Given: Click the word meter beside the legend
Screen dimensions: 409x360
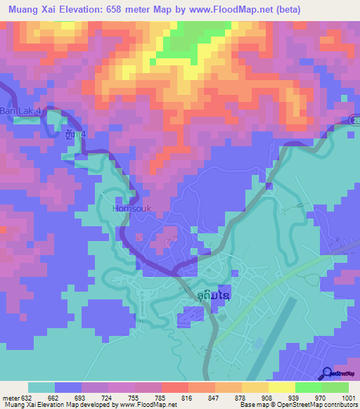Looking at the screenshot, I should (x=13, y=397).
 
